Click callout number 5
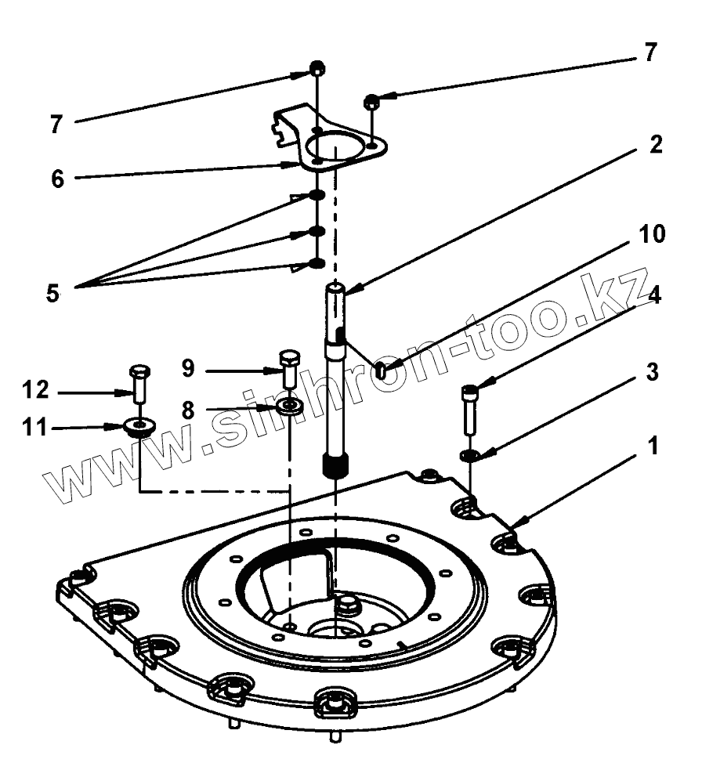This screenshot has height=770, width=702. tap(52, 294)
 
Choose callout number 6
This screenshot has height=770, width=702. tap(57, 179)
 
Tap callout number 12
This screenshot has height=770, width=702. tap(36, 389)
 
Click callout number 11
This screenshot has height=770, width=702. tap(36, 428)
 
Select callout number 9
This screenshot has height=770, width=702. tap(188, 367)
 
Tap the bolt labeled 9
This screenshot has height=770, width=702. tap(289, 367)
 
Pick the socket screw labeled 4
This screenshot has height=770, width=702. tap(469, 409)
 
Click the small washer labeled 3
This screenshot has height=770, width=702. tap(470, 455)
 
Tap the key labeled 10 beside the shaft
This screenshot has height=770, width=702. tap(380, 370)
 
